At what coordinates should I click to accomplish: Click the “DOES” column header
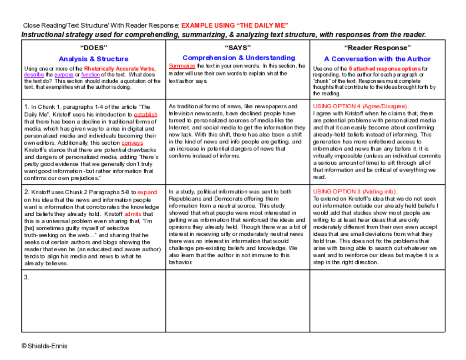click(x=93, y=47)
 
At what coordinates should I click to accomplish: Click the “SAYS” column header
click(x=238, y=47)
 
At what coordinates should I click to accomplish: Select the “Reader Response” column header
click(x=377, y=47)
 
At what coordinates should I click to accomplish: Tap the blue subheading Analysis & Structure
click(x=93, y=59)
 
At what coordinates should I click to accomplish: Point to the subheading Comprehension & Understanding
click(x=238, y=58)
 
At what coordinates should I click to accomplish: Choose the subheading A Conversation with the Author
click(x=377, y=59)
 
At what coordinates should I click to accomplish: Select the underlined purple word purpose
click(x=64, y=75)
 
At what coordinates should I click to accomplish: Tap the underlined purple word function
click(x=91, y=75)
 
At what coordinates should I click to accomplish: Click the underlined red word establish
click(x=146, y=115)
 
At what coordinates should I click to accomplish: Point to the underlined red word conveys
click(x=132, y=143)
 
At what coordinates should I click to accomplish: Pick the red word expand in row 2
click(x=147, y=192)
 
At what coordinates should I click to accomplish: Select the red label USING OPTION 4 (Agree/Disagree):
click(x=361, y=106)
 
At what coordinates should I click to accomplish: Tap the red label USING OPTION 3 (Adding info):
click(x=355, y=192)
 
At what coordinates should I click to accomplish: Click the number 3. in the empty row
click(x=27, y=277)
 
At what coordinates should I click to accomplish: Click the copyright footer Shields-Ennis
click(x=45, y=346)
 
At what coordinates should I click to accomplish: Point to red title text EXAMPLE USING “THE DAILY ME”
click(x=235, y=25)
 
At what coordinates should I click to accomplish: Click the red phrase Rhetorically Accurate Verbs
click(x=120, y=69)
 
